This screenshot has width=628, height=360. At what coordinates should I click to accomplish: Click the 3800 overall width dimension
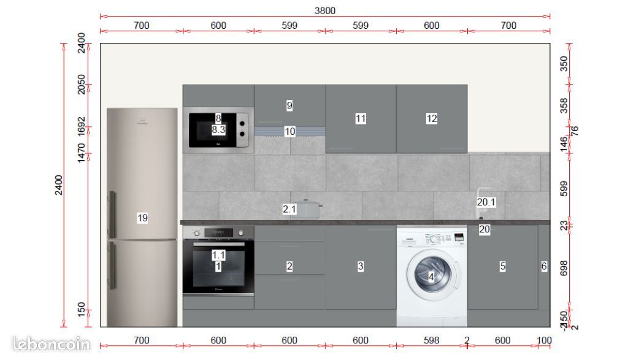pos(325,10)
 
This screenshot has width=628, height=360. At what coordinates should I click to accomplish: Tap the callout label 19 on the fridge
pos(142,218)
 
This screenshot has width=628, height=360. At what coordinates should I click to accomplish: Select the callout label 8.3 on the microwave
pos(218,129)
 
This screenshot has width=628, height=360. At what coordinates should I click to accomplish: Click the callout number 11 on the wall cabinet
pos(361,118)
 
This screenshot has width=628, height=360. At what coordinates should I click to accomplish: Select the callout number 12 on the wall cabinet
pos(432,118)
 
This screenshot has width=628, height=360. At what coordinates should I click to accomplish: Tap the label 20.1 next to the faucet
pos(486,202)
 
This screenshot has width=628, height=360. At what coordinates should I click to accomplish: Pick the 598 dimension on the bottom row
pos(432,340)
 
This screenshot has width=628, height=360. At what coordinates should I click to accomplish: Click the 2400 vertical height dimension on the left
pos(59,184)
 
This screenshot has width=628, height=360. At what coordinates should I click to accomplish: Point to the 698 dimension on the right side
pos(564,268)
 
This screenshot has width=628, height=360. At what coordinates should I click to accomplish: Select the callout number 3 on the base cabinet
pos(361,266)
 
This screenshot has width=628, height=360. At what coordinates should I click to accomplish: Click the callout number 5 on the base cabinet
pos(502,266)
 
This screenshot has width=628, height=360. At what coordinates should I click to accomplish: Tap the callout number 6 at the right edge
pos(544,266)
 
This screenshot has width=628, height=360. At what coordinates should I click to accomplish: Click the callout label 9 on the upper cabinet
pos(289,105)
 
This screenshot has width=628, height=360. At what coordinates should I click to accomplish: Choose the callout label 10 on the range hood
pos(289,131)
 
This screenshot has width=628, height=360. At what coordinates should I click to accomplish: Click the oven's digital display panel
pos(218,232)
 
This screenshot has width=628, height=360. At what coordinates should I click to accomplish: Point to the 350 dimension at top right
pos(564,64)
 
